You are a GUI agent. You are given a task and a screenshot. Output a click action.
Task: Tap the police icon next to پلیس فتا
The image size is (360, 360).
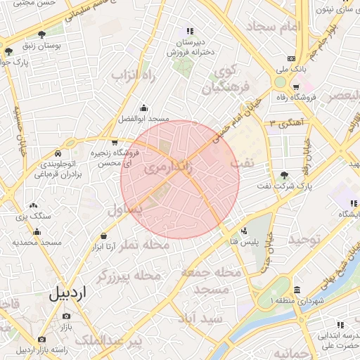(244, 231)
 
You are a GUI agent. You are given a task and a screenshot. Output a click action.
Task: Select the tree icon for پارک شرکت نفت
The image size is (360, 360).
(283, 175)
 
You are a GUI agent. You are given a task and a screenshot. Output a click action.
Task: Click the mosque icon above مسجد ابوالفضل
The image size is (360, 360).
(143, 108)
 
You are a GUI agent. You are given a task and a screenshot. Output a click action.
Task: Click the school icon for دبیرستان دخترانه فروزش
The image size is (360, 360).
(189, 31)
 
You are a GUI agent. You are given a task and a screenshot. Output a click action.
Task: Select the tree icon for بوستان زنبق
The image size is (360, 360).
(41, 34)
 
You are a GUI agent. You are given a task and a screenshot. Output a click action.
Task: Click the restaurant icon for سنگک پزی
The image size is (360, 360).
(37, 205)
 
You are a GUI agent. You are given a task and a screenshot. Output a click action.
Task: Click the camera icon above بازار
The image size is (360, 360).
(66, 316)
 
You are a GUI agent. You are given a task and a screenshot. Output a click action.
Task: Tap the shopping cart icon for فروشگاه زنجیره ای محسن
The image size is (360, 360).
(115, 143)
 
